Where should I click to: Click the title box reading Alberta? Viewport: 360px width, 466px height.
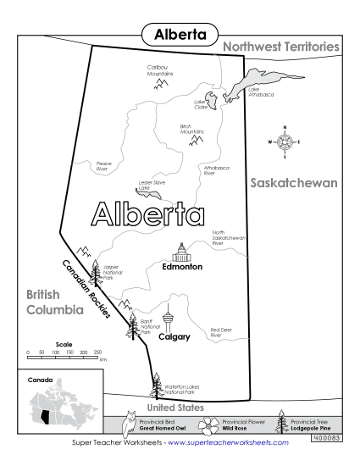click(180, 35)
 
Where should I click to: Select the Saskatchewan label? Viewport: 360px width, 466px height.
click(294, 183)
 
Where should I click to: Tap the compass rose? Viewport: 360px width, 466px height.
click(285, 141)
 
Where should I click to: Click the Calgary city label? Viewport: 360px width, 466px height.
click(174, 336)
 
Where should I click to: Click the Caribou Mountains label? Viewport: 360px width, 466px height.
click(159, 70)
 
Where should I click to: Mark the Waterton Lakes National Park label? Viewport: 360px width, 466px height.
click(180, 389)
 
